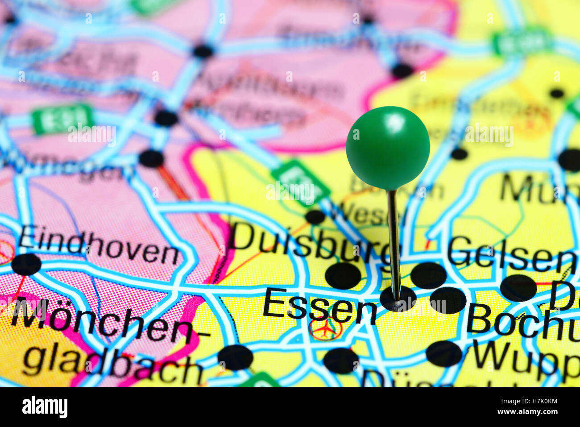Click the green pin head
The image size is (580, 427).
coord(388,148)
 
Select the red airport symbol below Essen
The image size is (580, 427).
coord(325,329)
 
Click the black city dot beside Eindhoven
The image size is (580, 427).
coord(26,264)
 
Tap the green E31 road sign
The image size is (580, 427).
coord(62,119)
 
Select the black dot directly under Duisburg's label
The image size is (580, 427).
coord(343,275)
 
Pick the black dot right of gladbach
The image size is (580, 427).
coord(235,357)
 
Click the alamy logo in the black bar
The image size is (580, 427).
coord(45,407)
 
